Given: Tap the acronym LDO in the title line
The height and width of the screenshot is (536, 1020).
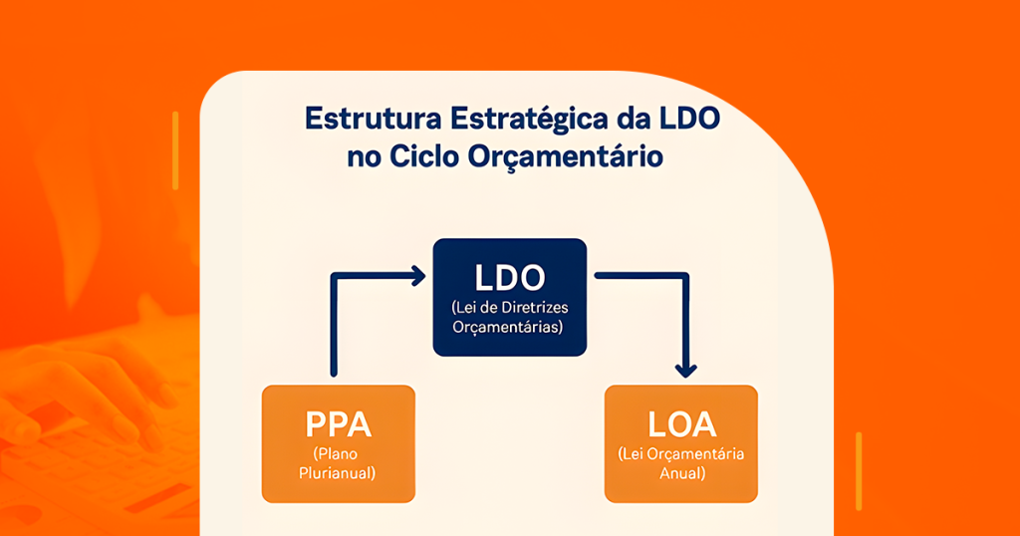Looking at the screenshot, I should (x=687, y=118).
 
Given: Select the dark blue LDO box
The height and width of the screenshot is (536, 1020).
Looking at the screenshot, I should (x=509, y=297).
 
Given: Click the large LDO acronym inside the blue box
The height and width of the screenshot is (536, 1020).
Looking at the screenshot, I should (x=509, y=275).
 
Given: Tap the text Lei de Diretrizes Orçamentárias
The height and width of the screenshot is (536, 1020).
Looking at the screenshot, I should (x=509, y=316).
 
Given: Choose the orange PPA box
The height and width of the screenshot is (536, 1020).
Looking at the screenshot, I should (x=338, y=443).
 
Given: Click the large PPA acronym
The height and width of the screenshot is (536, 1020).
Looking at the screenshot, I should (x=338, y=424).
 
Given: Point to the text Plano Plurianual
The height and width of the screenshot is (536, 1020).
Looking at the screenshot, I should (x=338, y=463).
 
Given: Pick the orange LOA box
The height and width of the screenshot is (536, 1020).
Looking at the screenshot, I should (x=681, y=443).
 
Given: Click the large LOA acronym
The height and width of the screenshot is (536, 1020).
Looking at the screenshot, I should (x=681, y=424).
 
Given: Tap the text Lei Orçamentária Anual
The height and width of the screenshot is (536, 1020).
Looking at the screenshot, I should (x=681, y=464).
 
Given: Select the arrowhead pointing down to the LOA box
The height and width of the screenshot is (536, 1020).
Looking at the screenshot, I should (x=685, y=369).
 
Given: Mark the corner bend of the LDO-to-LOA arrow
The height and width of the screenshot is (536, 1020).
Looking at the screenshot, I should (x=685, y=275).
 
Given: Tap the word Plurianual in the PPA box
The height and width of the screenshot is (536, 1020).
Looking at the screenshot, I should (x=338, y=472).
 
